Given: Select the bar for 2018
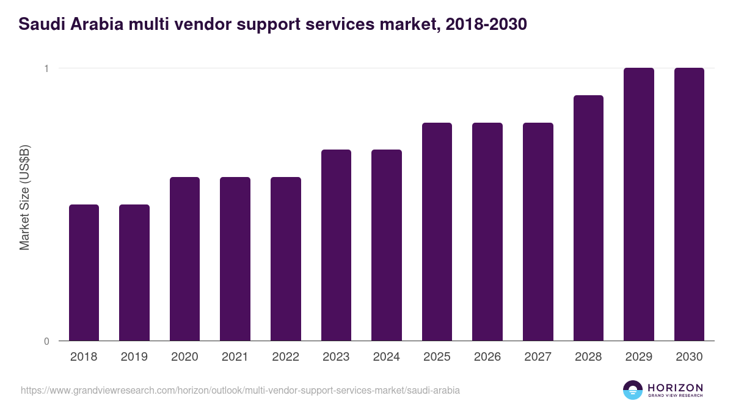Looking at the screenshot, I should click(x=84, y=273).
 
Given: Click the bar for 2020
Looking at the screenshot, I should click(x=184, y=259).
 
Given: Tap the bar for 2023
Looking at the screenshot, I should click(x=336, y=245).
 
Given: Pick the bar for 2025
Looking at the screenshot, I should click(x=437, y=232).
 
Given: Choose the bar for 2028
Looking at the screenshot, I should click(x=588, y=218).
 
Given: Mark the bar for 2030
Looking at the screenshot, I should click(x=689, y=204).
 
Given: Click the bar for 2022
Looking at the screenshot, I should click(x=286, y=259).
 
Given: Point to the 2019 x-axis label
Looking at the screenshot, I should click(x=134, y=357).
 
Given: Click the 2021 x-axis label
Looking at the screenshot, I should click(x=235, y=357).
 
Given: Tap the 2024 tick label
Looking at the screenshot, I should click(x=387, y=357).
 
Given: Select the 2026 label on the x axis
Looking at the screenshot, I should click(x=487, y=357).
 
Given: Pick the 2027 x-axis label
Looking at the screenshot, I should click(x=538, y=357).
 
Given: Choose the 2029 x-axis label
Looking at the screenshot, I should click(x=639, y=357).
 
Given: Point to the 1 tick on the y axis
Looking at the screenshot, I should click(x=46, y=68).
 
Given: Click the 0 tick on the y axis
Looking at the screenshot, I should click(x=46, y=341).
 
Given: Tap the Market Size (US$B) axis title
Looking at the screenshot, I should click(x=25, y=198).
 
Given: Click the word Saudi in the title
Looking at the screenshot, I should click(x=38, y=25).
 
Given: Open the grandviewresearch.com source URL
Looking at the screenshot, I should click(x=240, y=390).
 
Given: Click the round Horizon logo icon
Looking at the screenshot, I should click(x=633, y=390).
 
